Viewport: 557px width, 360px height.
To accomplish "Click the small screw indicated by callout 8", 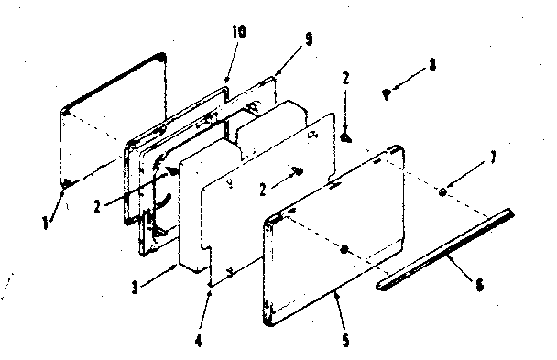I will [x=388, y=92].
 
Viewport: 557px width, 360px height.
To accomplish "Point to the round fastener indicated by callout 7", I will [x=443, y=192].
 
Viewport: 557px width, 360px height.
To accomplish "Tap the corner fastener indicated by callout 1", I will [x=67, y=185].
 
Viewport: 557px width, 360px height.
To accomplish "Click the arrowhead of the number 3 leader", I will [x=176, y=265].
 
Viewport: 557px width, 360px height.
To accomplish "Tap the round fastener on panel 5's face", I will [x=343, y=249].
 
